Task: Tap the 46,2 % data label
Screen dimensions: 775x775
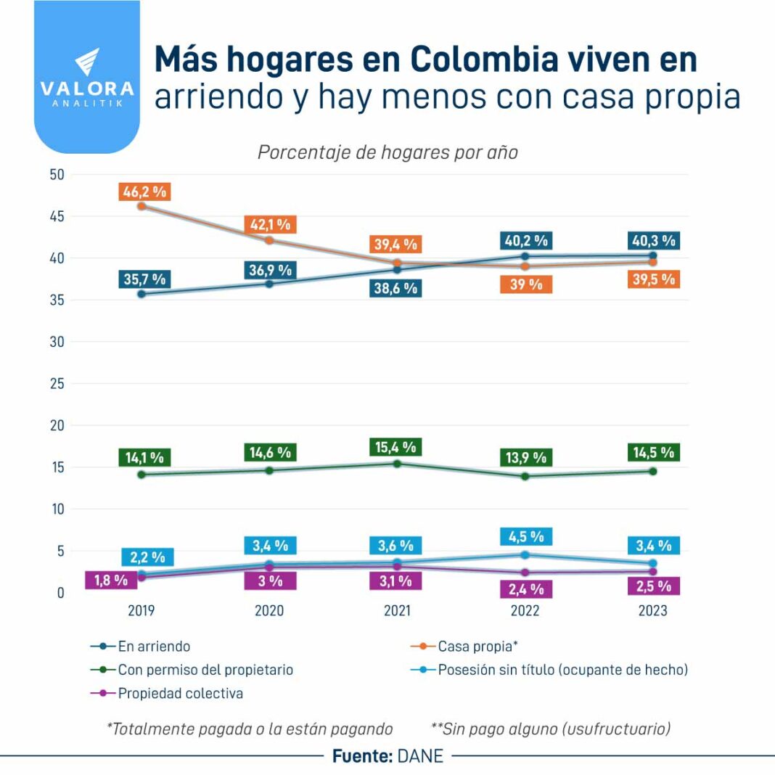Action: click(x=144, y=192)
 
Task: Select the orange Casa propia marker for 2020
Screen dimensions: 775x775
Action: click(x=269, y=240)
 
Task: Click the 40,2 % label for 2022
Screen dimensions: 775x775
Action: click(x=525, y=240)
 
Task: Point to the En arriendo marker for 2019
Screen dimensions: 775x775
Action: click(x=142, y=294)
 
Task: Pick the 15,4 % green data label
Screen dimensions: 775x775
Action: click(x=396, y=447)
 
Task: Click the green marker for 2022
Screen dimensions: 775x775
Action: click(x=525, y=476)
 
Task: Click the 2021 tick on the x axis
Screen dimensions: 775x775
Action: click(x=397, y=611)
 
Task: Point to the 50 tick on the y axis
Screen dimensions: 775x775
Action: click(x=57, y=175)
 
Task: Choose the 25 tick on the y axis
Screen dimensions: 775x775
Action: click(x=57, y=384)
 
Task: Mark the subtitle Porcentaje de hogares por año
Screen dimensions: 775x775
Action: click(x=387, y=153)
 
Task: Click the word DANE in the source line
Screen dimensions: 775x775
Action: click(x=420, y=756)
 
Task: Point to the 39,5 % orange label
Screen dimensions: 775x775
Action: click(x=652, y=279)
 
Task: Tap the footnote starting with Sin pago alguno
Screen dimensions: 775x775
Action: click(x=551, y=729)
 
